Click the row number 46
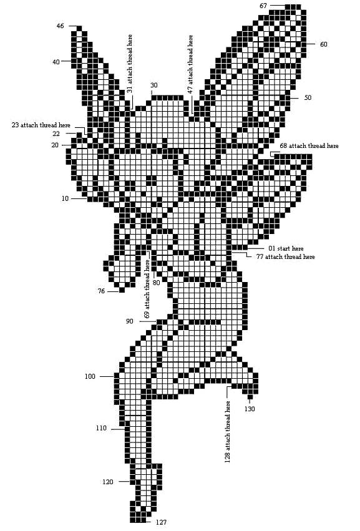[x=60, y=26]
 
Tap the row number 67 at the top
[x=263, y=6]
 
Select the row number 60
[x=324, y=44]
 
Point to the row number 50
[x=308, y=97]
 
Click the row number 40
[x=56, y=62]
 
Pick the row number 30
[x=153, y=85]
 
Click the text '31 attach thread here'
[x=129, y=64]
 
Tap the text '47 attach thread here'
[x=190, y=64]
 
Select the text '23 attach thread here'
[x=41, y=125]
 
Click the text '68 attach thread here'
[x=309, y=146]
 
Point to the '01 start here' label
[x=286, y=248]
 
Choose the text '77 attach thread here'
[x=286, y=256]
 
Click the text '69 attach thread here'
[x=147, y=289]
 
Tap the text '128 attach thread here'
[x=227, y=432]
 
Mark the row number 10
[x=65, y=199]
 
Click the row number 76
[x=101, y=291]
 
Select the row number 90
[x=129, y=321]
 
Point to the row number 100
[x=90, y=377]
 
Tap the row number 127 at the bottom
[x=161, y=522]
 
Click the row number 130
[x=250, y=409]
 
